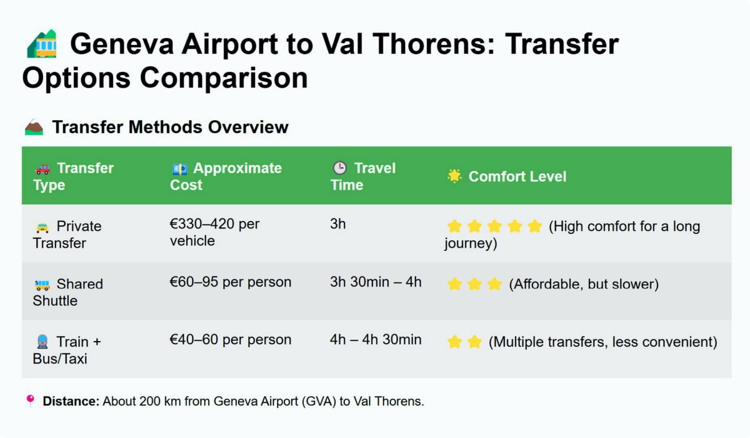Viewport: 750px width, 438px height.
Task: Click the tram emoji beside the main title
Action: [x=42, y=44]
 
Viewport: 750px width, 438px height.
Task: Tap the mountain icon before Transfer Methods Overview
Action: [x=34, y=127]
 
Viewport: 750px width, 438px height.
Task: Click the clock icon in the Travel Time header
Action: [x=339, y=168]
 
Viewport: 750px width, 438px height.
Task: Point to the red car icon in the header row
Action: [x=42, y=169]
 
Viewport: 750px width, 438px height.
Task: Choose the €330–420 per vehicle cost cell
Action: [x=214, y=232]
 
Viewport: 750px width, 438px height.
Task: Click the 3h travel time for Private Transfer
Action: [x=338, y=224]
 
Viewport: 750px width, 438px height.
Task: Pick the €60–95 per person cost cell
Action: [x=231, y=282]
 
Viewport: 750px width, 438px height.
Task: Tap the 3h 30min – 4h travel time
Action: [x=376, y=282]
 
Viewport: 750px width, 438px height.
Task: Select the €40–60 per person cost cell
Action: [x=231, y=340]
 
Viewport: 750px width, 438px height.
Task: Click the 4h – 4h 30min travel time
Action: [x=376, y=340]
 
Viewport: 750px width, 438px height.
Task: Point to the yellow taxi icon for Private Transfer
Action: [x=42, y=228]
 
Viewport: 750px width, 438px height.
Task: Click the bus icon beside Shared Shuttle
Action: [x=42, y=285]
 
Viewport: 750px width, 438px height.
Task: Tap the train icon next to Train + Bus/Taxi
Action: [x=42, y=342]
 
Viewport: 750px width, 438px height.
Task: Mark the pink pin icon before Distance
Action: [x=30, y=400]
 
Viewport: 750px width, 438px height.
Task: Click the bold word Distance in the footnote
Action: [x=71, y=401]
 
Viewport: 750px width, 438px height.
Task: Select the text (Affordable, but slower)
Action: [x=584, y=284]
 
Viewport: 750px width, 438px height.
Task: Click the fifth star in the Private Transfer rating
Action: [x=535, y=227]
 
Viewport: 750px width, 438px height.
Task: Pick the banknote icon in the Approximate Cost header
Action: [x=179, y=169]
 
